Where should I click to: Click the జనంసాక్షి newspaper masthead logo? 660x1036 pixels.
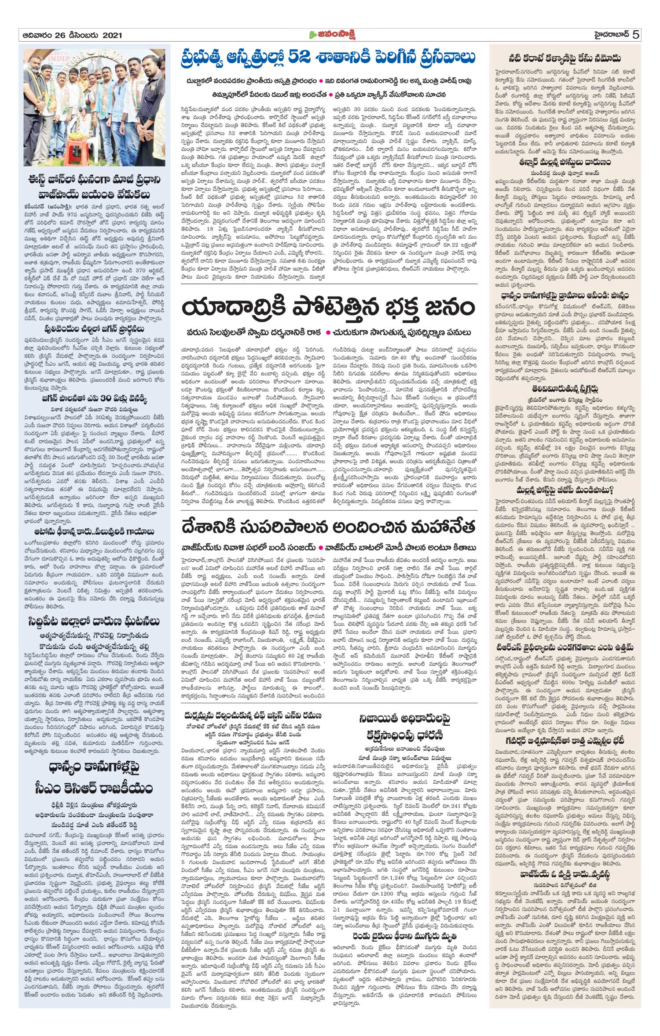point(330,35)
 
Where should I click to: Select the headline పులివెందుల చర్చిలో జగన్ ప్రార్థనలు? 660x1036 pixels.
point(94,329)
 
